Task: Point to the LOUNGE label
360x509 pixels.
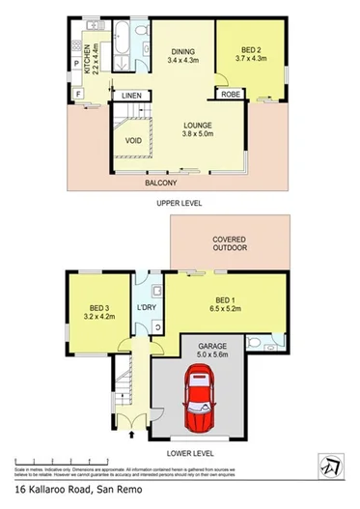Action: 200,125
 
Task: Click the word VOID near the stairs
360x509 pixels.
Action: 134,140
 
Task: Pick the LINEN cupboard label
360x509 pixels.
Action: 132,95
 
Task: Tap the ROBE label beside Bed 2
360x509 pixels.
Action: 231,95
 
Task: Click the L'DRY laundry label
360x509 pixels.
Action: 147,307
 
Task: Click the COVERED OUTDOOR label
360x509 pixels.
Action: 230,242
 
